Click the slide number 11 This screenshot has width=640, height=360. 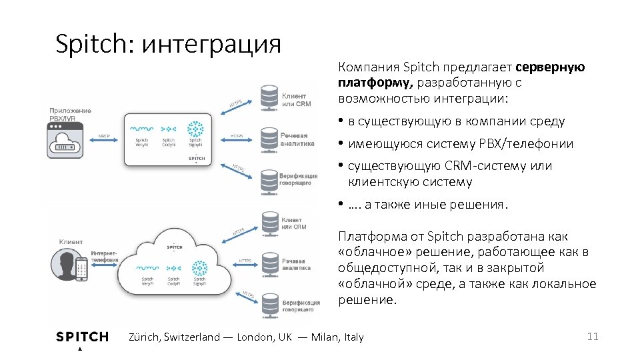pos(593,337)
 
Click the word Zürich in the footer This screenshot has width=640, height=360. pos(143,337)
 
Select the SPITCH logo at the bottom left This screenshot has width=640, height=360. pos(82,337)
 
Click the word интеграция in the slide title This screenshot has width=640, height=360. pos(212,44)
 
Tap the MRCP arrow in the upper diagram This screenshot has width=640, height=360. pos(105,139)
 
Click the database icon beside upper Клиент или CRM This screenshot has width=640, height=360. pos(269,97)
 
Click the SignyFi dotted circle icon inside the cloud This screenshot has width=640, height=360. pos(199,267)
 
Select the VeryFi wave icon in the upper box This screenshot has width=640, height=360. pos(141,128)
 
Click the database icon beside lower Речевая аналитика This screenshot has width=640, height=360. pos(269,263)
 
